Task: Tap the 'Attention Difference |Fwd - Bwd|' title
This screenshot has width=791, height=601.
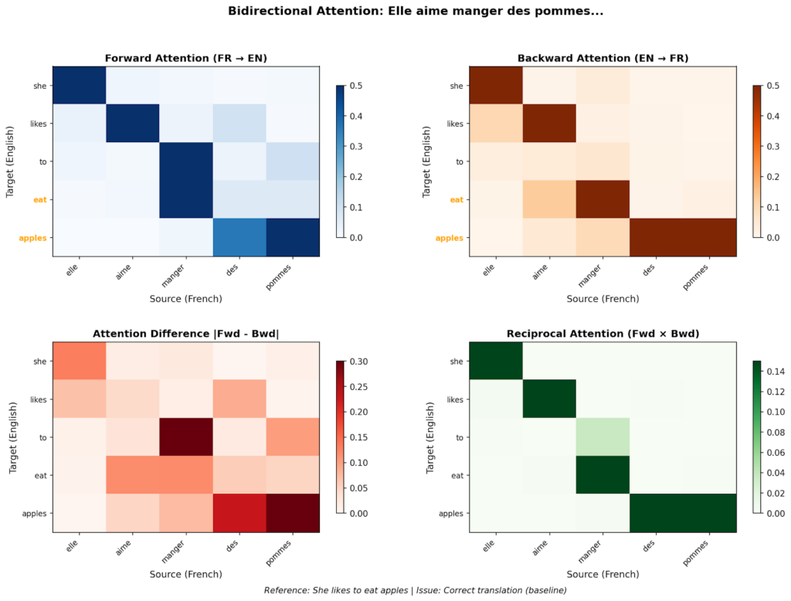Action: pyautogui.click(x=185, y=334)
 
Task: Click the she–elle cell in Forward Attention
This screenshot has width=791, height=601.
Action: pyautogui.click(x=78, y=86)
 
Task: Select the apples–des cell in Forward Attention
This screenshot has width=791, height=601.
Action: pyautogui.click(x=239, y=237)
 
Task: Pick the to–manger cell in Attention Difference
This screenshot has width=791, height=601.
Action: pyautogui.click(x=186, y=436)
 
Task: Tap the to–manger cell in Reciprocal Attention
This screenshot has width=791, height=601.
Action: pyautogui.click(x=603, y=436)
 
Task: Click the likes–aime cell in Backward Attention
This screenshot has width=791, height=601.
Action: pyautogui.click(x=548, y=124)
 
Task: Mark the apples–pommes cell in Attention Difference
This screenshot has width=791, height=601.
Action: pyautogui.click(x=293, y=513)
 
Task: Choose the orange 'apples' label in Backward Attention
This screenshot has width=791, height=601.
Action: pyautogui.click(x=449, y=237)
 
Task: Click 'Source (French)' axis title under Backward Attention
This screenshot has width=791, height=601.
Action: pyautogui.click(x=603, y=298)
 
